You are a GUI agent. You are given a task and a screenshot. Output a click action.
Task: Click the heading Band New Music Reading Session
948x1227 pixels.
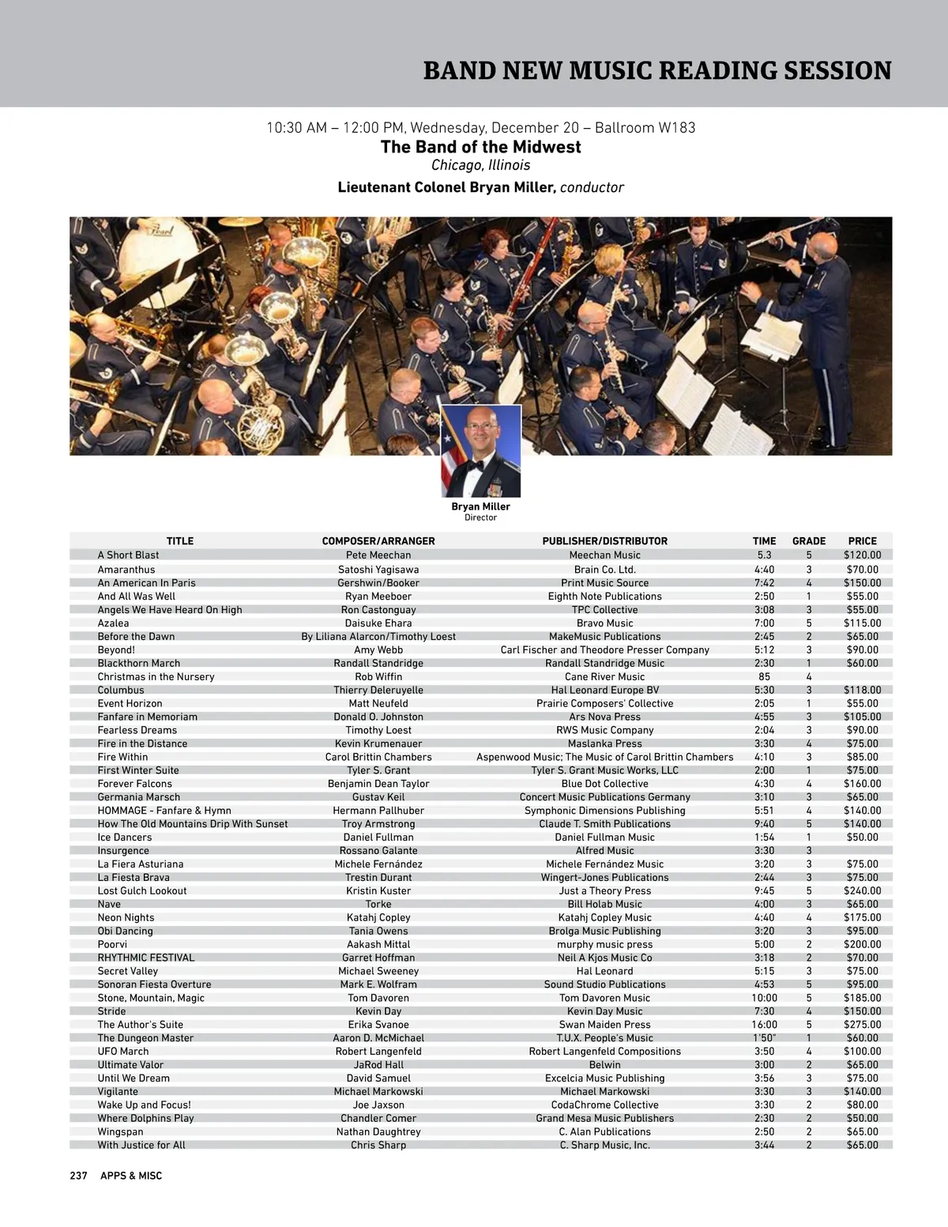tap(657, 70)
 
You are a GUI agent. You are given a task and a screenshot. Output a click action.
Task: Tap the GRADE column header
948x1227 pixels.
tap(808, 541)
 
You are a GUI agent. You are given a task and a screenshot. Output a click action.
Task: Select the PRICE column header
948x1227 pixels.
tap(862, 541)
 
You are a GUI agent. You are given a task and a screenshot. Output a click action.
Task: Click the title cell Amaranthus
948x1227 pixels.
tap(126, 570)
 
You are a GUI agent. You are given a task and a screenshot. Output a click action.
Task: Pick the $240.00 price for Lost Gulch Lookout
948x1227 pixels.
tap(862, 891)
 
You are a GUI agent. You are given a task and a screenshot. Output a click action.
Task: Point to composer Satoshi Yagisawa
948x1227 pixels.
tap(378, 570)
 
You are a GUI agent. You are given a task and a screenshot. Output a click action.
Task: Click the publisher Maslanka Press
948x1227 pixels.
tap(604, 743)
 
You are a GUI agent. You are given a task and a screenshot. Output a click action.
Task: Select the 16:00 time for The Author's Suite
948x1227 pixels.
tap(764, 1025)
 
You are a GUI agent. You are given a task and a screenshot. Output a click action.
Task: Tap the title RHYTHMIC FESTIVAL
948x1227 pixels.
tap(145, 958)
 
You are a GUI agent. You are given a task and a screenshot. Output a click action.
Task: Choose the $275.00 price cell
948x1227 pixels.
tap(862, 1025)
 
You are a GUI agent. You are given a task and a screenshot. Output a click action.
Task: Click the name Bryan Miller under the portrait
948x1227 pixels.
tap(480, 507)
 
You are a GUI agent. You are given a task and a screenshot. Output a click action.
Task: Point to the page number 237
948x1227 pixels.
tap(78, 1176)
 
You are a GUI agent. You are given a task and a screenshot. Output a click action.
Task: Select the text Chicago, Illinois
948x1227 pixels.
tap(480, 165)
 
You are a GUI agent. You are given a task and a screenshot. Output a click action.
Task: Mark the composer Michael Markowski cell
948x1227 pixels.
tap(378, 1092)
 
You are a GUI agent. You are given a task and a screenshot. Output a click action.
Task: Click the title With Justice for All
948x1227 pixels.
tap(141, 1146)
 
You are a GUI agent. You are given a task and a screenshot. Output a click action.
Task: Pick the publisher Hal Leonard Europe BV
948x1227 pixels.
tap(604, 691)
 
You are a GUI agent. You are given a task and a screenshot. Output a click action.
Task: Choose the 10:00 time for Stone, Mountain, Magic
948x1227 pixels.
tap(764, 998)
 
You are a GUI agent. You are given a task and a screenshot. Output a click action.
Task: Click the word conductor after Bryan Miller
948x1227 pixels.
tap(592, 188)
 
